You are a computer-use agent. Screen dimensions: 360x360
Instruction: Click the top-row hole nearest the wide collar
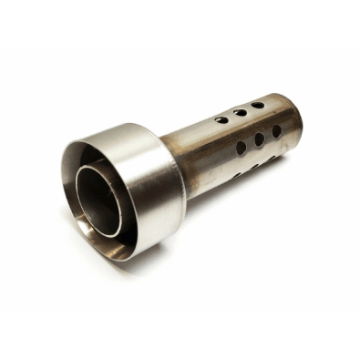[221, 119]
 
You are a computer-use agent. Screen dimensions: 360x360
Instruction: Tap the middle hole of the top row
[240, 113]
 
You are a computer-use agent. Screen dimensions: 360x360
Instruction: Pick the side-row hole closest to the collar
[242, 148]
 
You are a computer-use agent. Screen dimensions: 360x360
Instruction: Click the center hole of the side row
[260, 139]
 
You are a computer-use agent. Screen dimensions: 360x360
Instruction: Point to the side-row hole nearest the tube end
[276, 131]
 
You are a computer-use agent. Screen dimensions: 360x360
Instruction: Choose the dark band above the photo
[180, 23]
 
